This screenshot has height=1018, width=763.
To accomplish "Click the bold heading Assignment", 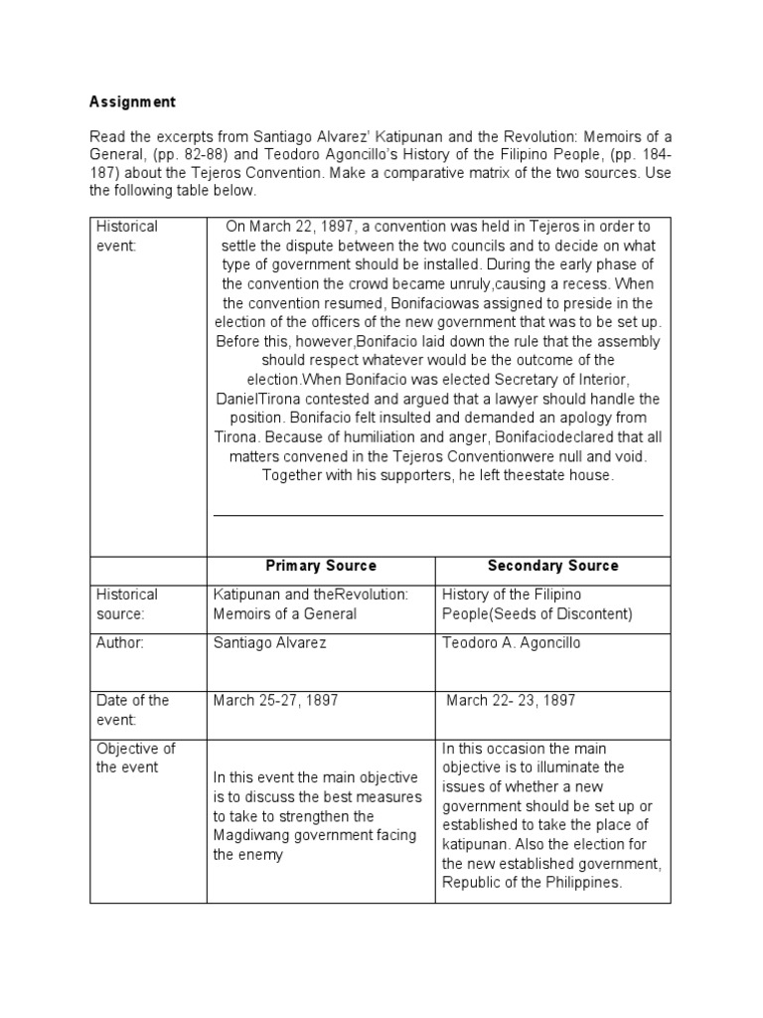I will point(132,101).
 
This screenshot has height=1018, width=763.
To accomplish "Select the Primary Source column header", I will point(321,566).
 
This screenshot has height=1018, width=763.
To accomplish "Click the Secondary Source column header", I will point(552,566).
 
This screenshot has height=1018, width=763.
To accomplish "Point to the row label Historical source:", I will point(127,603).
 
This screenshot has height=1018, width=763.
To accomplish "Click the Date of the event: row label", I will point(131,710).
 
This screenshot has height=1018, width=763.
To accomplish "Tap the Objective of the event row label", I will point(134,758).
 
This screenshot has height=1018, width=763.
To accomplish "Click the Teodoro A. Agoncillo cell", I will point(511,643).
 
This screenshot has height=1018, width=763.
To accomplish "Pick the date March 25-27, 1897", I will point(275,700).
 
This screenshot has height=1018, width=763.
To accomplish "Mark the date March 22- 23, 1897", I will point(511,700).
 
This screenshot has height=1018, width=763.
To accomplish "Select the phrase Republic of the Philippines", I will point(532,882).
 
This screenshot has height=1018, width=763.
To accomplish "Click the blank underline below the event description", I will point(438,515).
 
